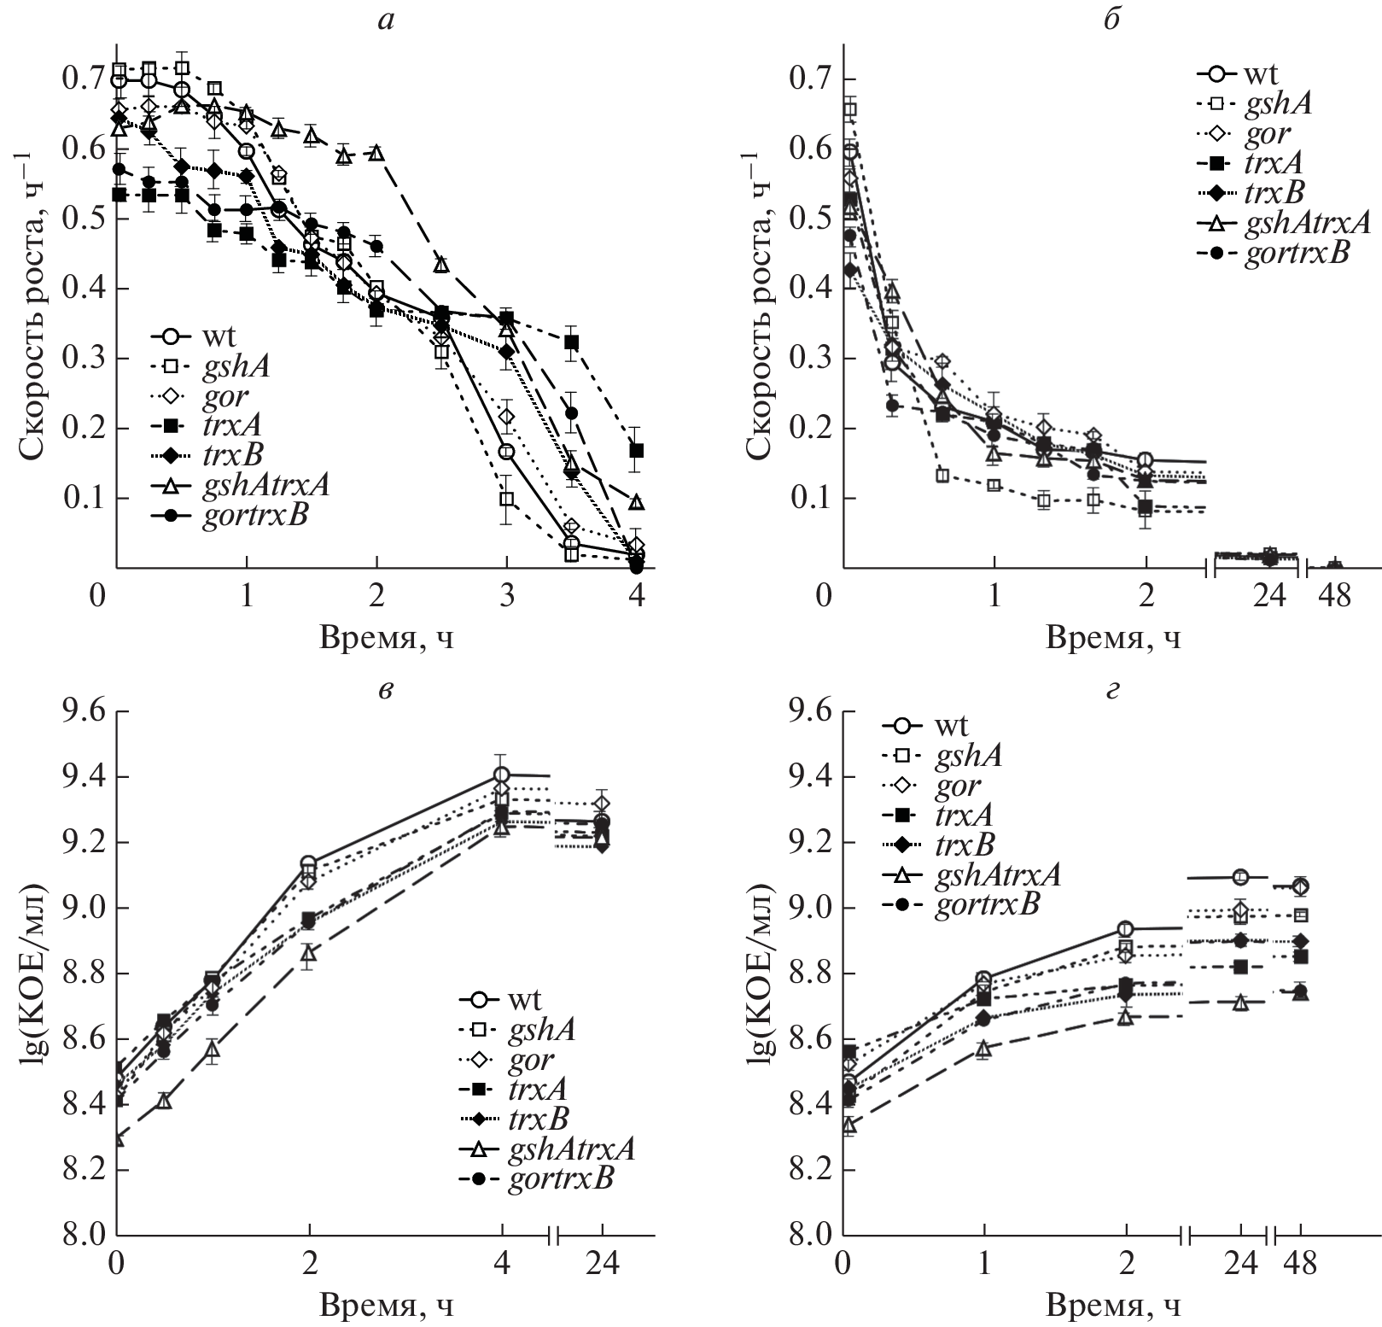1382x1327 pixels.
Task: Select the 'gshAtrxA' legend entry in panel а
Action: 265,485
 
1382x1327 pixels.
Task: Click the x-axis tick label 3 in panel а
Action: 507,595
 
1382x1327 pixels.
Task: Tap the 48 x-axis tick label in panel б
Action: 1335,595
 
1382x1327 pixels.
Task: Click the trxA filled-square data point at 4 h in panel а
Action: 636,450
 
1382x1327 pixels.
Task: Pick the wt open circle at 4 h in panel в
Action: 502,775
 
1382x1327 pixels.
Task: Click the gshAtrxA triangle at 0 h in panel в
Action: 118,1138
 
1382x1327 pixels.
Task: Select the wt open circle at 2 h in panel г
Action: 1126,929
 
